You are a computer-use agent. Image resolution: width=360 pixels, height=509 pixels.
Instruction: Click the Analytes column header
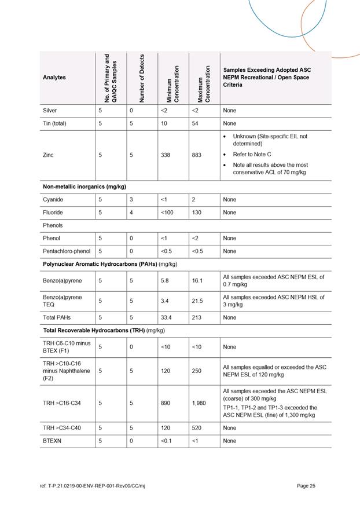tap(54, 77)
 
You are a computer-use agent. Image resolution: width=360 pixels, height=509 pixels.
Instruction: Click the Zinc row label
tap(50, 155)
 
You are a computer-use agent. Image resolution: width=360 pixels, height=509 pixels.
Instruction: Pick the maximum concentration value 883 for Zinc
tap(197, 155)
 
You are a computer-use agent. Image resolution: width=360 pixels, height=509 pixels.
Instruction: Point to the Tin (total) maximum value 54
tap(194, 123)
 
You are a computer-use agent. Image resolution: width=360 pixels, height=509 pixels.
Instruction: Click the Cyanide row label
tap(53, 200)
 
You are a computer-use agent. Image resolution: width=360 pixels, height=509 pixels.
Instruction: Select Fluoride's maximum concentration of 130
tap(197, 213)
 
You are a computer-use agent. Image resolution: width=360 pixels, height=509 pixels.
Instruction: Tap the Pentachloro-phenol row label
tap(67, 251)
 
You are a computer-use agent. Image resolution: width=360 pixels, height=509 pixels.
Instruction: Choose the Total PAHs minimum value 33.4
tap(166, 317)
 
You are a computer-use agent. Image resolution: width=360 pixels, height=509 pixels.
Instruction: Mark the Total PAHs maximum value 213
tap(196, 317)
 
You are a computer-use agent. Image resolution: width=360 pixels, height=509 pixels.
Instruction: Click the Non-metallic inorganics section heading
tap(85, 187)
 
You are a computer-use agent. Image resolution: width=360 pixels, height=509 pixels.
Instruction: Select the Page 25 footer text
tap(306, 485)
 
